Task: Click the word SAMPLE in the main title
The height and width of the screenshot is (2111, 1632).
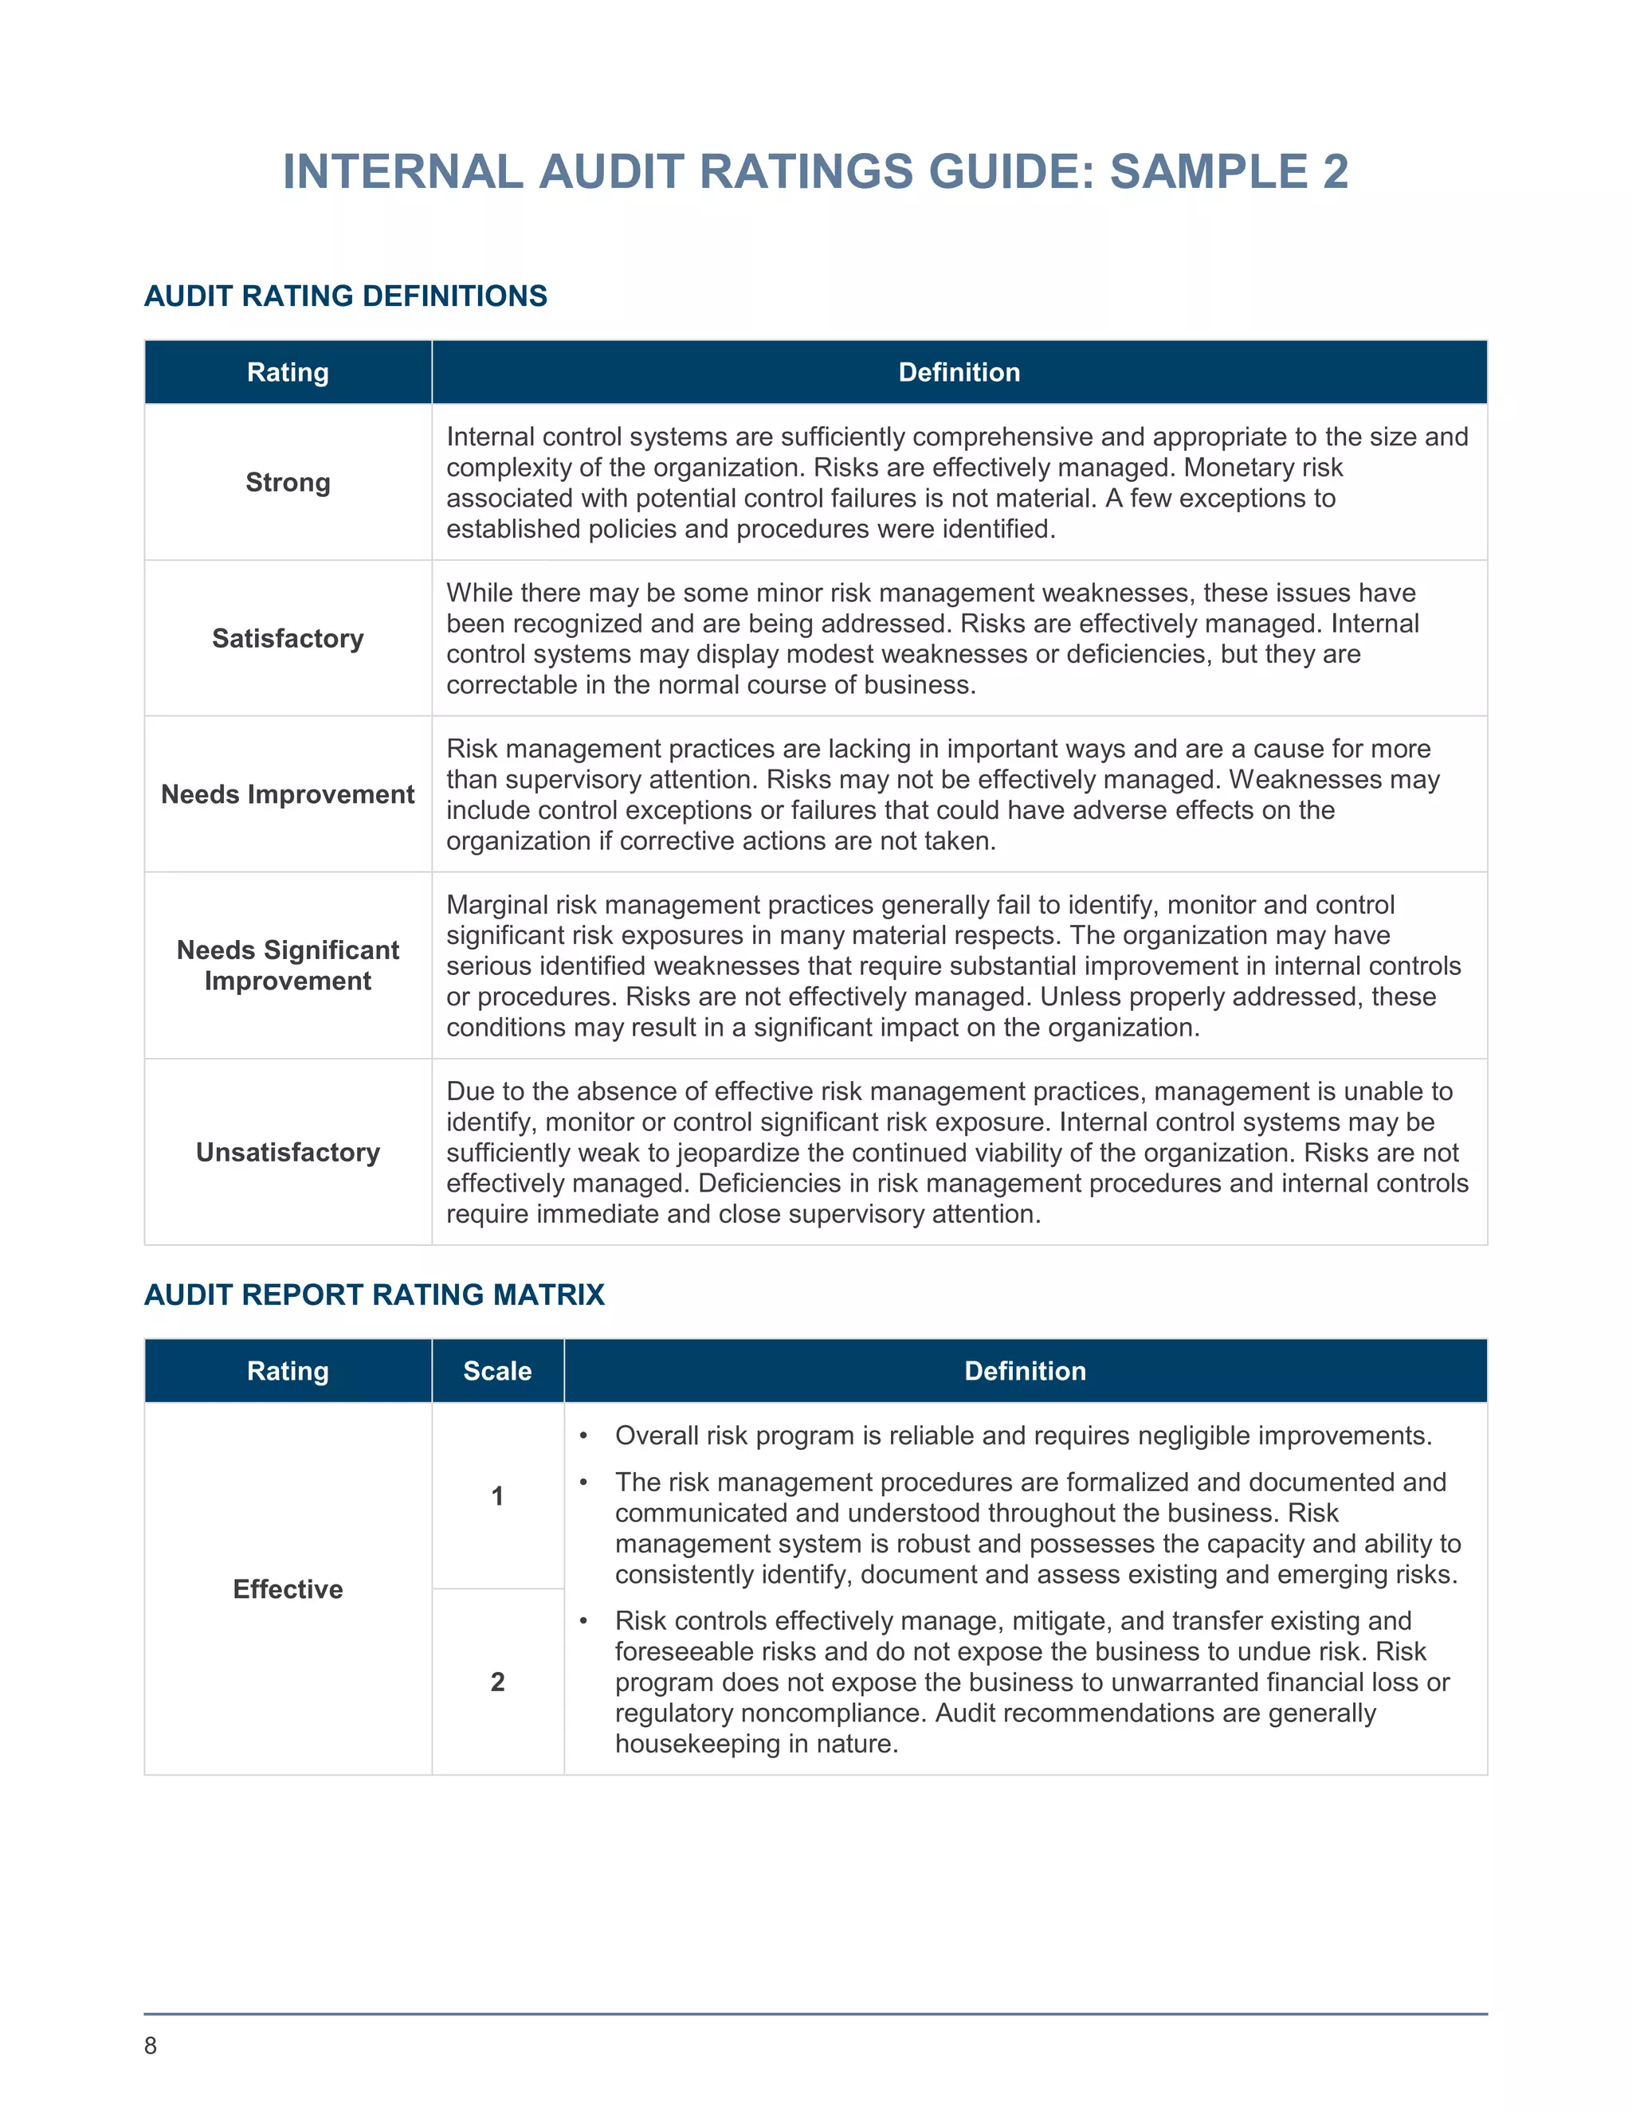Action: pos(1209,172)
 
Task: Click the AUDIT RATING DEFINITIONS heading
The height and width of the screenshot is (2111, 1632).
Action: pos(345,296)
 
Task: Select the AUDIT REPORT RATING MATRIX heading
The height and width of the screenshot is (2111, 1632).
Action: pos(375,1294)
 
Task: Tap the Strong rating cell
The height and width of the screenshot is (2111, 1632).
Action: pos(288,482)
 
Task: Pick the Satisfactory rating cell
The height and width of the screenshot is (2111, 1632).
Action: pos(288,639)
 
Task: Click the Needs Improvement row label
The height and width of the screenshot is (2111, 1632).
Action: pos(288,794)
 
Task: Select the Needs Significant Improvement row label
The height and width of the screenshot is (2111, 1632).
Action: pos(288,965)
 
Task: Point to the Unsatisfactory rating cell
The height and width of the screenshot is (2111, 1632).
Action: pos(288,1152)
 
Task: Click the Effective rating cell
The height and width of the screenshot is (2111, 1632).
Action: pos(288,1589)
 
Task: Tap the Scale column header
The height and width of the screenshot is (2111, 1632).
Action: pos(497,1371)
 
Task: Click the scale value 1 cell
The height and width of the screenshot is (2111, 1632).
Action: pos(497,1496)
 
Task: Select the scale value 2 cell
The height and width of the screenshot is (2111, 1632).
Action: pos(497,1682)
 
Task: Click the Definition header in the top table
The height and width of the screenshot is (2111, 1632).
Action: pos(959,372)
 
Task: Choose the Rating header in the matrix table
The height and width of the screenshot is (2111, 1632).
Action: pos(288,1371)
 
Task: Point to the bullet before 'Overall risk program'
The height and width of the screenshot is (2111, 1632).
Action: pos(583,1436)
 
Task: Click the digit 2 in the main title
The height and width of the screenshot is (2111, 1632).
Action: pos(1336,172)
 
